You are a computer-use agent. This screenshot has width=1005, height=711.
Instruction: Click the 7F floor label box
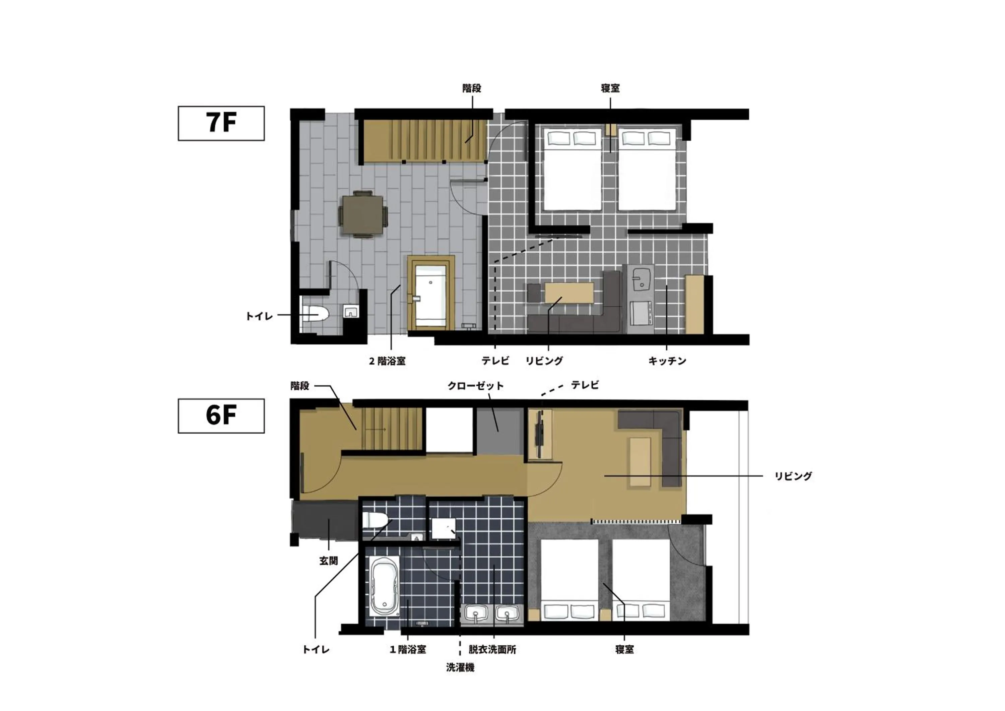221,123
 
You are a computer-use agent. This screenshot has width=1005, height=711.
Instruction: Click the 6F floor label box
221,415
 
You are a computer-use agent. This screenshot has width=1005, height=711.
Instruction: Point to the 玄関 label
328,561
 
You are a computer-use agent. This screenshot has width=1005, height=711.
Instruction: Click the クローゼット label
475,386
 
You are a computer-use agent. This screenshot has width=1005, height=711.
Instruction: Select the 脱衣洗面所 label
492,649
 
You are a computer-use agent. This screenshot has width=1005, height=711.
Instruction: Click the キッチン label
667,361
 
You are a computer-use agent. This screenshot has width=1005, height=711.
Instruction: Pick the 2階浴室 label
387,361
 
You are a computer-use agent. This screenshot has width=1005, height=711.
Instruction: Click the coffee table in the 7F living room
569,293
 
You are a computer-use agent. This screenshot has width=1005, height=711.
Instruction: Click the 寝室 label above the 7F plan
610,88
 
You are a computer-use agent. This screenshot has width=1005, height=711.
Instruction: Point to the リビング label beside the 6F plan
793,476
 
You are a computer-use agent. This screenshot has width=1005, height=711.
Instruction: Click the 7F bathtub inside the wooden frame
431,296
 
